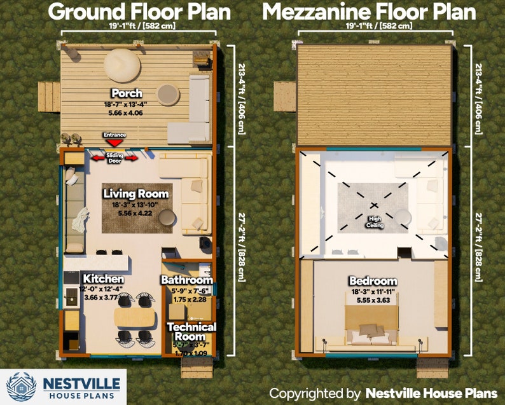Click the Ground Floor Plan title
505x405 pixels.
pos(139,11)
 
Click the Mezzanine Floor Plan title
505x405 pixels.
pos(369,11)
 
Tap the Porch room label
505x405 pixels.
pos(127,93)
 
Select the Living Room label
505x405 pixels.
pos(136,194)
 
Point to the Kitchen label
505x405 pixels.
pos(103,279)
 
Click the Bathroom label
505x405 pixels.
pos(186,280)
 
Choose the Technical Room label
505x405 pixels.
pos(191,331)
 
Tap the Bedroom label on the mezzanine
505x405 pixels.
pos(373,281)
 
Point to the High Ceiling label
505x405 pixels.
pos(373,221)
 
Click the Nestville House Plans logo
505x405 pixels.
pos(64,386)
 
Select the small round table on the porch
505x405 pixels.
pos(169,95)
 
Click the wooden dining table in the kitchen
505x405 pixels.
pos(135,318)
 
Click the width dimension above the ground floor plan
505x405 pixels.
pos(139,26)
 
